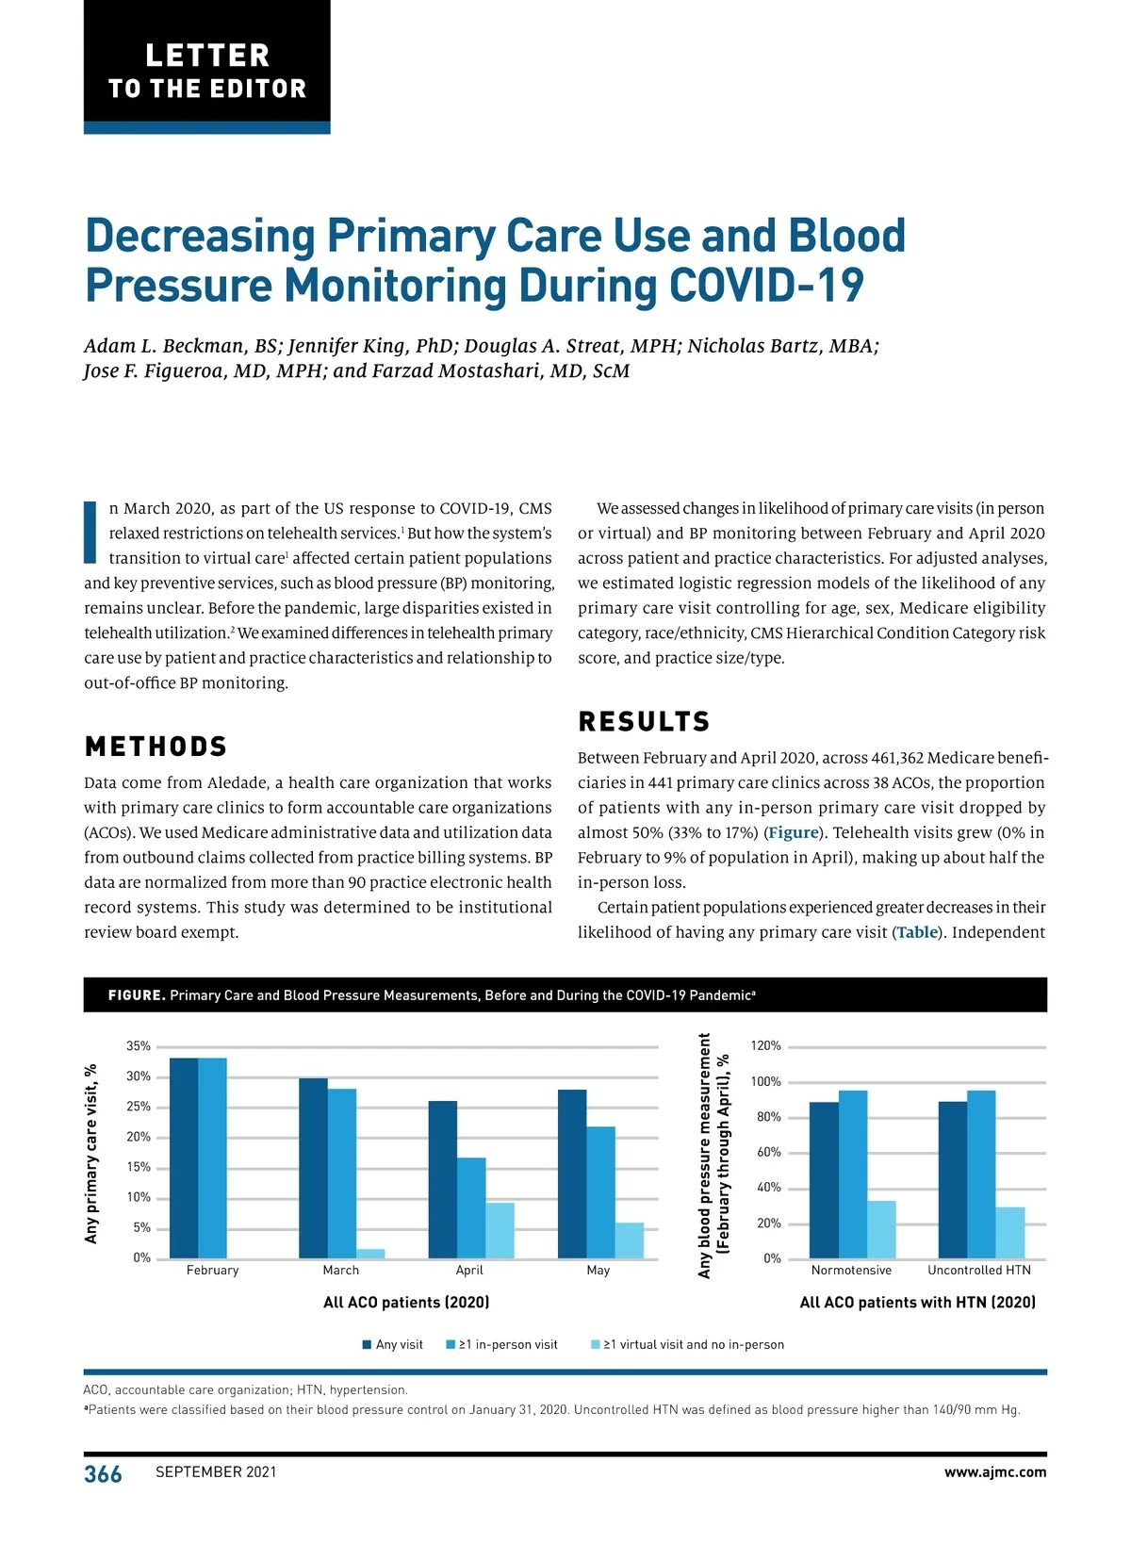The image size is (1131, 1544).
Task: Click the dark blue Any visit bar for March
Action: tap(313, 1169)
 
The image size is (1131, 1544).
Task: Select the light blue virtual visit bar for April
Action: tap(500, 1231)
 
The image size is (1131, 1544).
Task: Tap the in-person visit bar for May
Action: tap(600, 1192)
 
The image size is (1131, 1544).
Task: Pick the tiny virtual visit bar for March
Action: tap(370, 1254)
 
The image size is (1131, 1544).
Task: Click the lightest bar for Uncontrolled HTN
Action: tap(1010, 1233)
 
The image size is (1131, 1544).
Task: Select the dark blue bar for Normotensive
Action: tap(824, 1180)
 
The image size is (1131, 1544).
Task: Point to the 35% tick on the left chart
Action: tap(138, 1046)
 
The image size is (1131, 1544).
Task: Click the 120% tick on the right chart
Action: tap(765, 1046)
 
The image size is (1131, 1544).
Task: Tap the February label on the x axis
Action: tap(212, 1271)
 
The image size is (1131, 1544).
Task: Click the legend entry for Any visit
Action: tap(393, 1345)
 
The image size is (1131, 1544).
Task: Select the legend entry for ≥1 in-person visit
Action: tap(502, 1345)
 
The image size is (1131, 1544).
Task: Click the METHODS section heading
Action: tap(156, 747)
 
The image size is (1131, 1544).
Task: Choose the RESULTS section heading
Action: tap(644, 722)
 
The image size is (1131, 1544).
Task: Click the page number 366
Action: tap(103, 1474)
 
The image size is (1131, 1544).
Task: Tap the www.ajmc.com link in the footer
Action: tap(995, 1472)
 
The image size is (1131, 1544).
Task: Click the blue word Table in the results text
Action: tap(917, 933)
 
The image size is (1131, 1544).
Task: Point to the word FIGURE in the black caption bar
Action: tap(137, 995)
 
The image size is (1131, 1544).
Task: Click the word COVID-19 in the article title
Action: tap(766, 286)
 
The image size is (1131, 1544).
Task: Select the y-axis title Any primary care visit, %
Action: tap(91, 1154)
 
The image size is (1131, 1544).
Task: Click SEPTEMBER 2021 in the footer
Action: tap(216, 1472)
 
